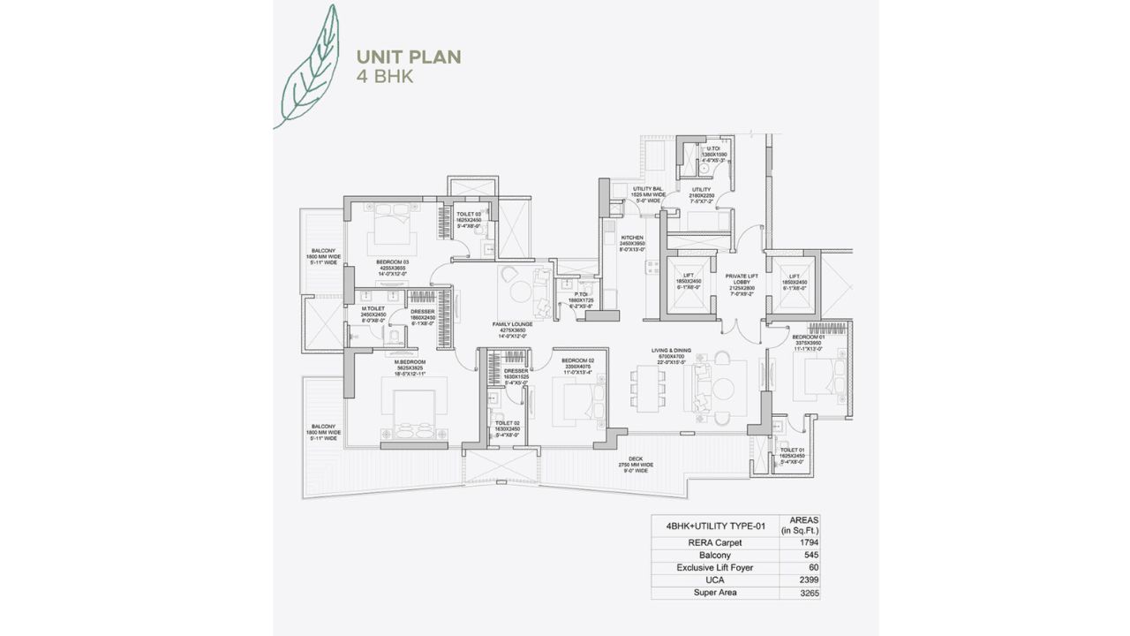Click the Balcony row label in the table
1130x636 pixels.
[715, 555]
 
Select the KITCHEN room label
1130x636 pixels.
[632, 238]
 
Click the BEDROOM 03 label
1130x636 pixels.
[393, 263]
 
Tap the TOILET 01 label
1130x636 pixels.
[792, 451]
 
